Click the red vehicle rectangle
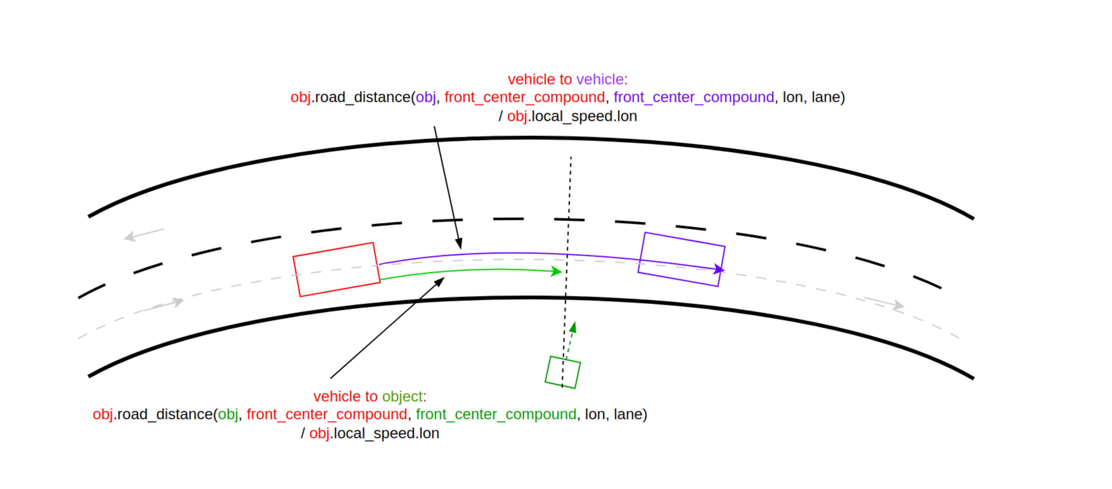[336, 270]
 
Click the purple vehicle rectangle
[681, 259]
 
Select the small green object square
[562, 372]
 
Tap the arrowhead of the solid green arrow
[557, 271]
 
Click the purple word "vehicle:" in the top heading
[602, 80]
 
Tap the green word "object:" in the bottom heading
[404, 396]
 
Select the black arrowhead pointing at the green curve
[439, 282]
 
